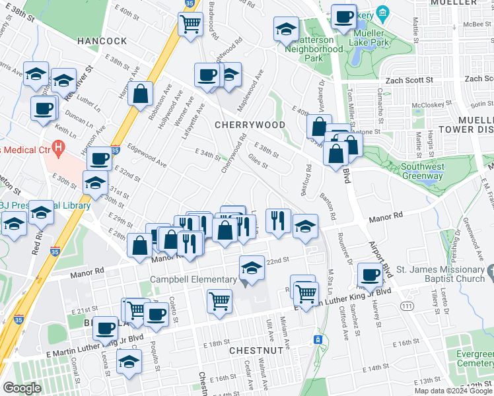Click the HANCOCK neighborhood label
[x=102, y=41]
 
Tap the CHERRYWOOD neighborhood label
[x=250, y=125]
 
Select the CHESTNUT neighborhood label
[x=257, y=350]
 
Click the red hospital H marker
[x=59, y=147]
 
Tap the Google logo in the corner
[x=22, y=388]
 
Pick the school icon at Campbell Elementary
[x=251, y=269]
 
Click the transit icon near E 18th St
[x=318, y=339]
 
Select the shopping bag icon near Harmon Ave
[x=141, y=93]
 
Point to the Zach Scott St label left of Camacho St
[x=409, y=79]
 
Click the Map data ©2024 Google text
[x=454, y=391]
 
